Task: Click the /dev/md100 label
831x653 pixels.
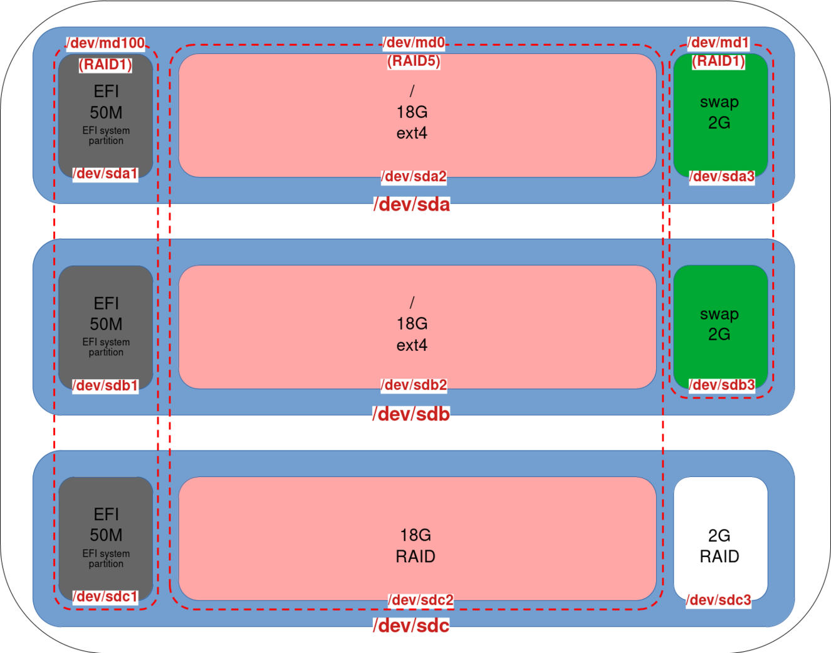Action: click(x=106, y=43)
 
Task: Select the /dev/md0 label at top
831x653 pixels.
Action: click(x=414, y=43)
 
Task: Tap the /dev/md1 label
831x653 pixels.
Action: click(x=718, y=43)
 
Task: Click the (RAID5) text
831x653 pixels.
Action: click(x=414, y=61)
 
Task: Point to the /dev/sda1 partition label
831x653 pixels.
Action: click(x=105, y=174)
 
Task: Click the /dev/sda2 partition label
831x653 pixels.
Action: click(x=414, y=177)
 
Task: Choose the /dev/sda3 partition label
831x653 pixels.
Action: click(x=722, y=177)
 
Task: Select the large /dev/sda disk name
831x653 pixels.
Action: click(x=412, y=204)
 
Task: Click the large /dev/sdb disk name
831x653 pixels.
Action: click(x=411, y=414)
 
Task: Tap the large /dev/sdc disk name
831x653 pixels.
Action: click(x=411, y=625)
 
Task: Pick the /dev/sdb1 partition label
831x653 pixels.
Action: click(x=105, y=385)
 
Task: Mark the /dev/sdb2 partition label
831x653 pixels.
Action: click(x=414, y=385)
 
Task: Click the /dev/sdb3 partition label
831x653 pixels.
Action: click(x=722, y=385)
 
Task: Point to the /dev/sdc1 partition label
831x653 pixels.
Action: click(x=105, y=597)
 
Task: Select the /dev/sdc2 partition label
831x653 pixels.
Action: click(x=421, y=600)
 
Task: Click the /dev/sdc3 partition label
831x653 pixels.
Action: click(x=719, y=600)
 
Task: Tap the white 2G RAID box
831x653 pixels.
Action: click(x=720, y=539)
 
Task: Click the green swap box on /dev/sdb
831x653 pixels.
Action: click(x=720, y=326)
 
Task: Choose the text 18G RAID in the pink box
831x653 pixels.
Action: click(x=415, y=546)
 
